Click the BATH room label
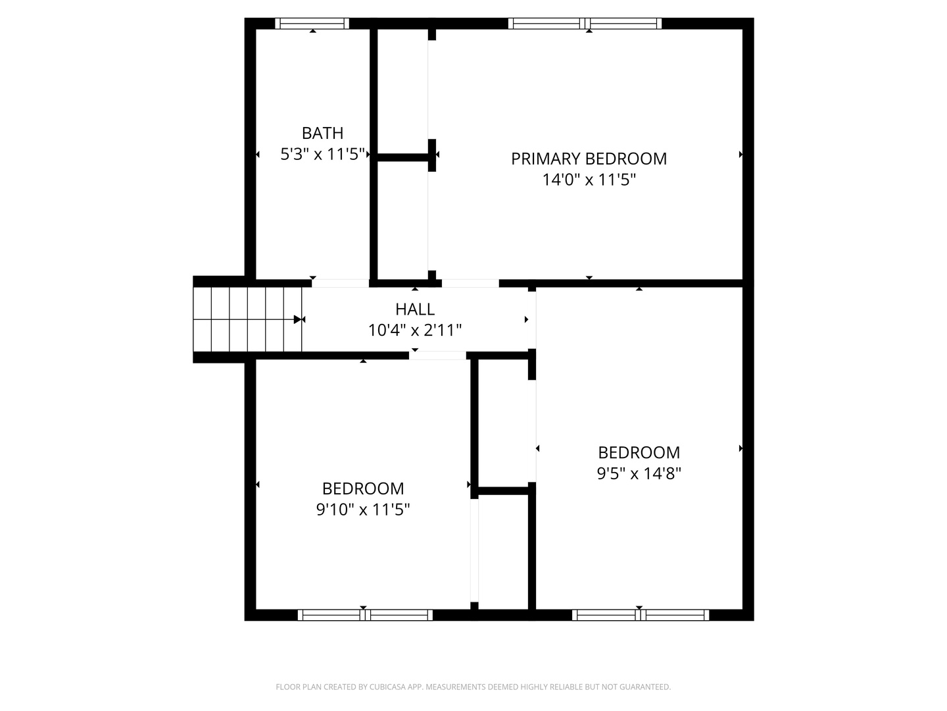[322, 134]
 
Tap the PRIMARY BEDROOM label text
[589, 159]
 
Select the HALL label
[414, 309]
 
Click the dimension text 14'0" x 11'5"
[589, 180]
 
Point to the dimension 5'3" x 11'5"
[322, 154]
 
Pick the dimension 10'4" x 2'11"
[414, 330]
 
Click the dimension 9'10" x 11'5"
[363, 510]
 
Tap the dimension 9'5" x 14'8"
[639, 473]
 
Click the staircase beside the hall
[247, 319]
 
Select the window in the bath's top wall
[312, 23]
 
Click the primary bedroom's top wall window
[585, 23]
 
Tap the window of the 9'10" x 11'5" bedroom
[365, 615]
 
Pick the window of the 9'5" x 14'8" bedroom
[641, 615]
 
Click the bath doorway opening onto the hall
[341, 283]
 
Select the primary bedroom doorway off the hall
[470, 283]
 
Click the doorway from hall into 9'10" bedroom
[437, 355]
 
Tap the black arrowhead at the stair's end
[297, 319]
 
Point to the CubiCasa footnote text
[473, 687]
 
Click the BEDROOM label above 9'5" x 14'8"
[639, 453]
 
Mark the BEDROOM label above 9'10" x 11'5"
[363, 488]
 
